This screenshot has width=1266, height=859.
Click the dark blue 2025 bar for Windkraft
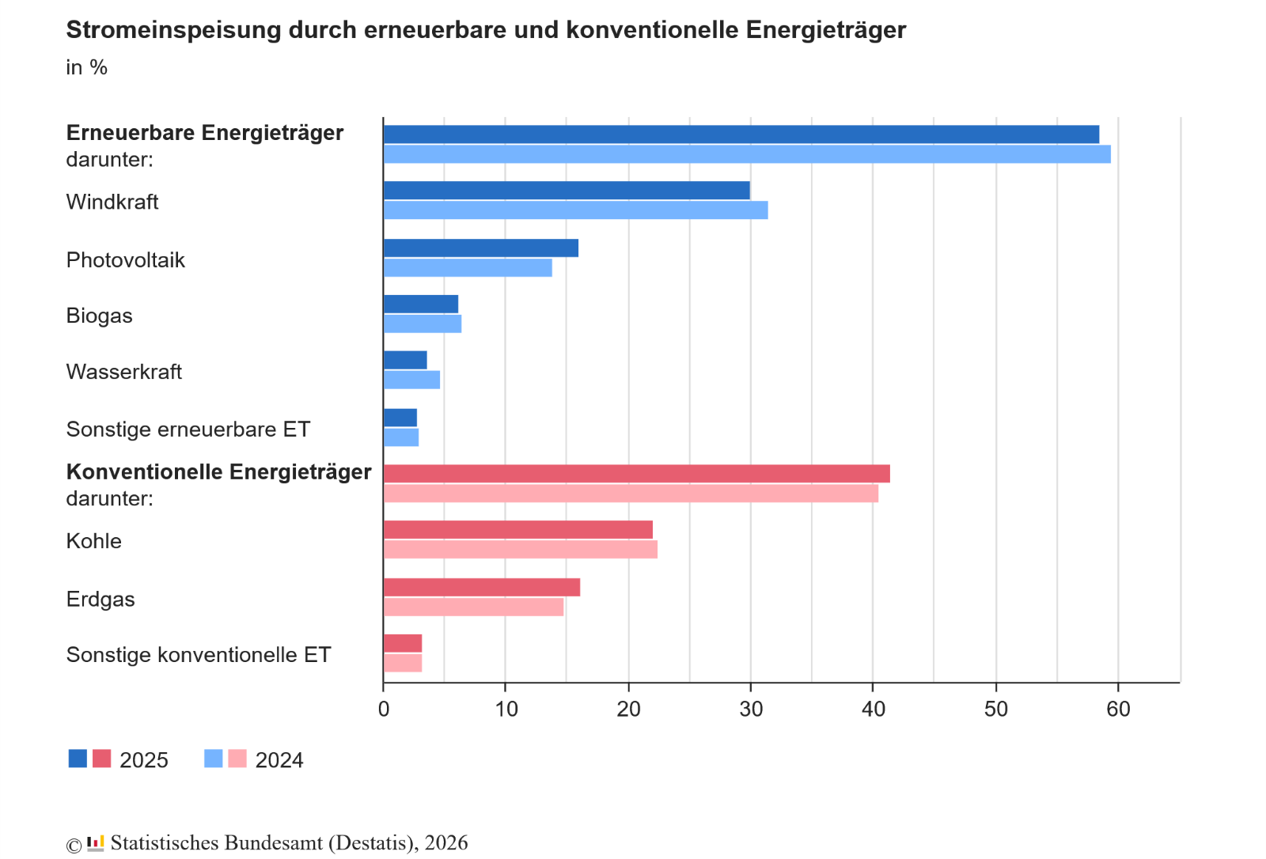click(567, 191)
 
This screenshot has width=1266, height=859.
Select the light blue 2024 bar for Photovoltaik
click(468, 268)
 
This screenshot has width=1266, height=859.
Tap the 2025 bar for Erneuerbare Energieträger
click(741, 134)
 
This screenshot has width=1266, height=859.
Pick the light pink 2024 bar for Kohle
click(520, 550)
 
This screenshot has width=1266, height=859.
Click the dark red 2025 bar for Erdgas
click(481, 588)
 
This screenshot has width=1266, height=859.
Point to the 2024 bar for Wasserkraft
click(411, 380)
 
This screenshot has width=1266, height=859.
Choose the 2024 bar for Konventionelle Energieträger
click(631, 494)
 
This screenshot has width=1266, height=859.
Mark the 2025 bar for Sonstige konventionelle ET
click(403, 644)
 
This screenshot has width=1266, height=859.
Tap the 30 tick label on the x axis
click(751, 710)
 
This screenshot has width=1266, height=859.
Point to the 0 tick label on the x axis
click(384, 710)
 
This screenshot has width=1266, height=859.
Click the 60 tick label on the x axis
click(1118, 710)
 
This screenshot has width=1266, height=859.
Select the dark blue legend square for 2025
click(78, 759)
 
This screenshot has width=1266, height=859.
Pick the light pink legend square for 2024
click(237, 759)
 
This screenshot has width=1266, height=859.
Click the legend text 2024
click(279, 760)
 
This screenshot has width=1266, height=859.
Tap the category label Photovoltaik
click(126, 260)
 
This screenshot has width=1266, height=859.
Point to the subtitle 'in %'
click(86, 68)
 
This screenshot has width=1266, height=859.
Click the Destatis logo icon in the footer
click(96, 843)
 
